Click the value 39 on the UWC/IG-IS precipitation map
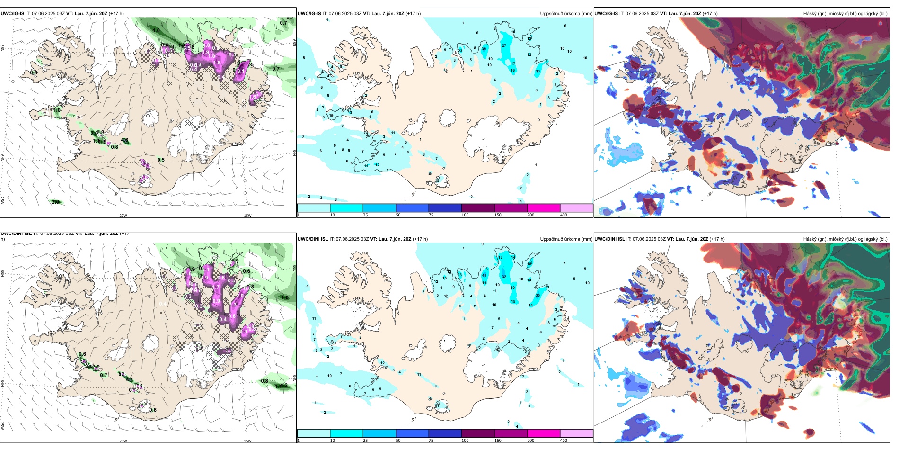tap(484, 49)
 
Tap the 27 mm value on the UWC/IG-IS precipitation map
tap(504, 46)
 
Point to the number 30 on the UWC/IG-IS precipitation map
tap(538, 72)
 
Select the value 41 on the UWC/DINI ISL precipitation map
tap(484, 275)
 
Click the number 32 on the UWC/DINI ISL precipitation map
tap(504, 277)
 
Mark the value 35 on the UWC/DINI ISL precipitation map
tap(538, 295)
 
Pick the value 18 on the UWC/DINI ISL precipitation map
tap(529, 264)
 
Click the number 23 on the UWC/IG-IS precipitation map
tap(460, 51)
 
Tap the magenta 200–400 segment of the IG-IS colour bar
tap(544, 208)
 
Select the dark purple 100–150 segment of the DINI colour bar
tap(478, 433)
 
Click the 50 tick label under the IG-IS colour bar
tap(398, 215)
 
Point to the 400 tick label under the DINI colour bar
tap(564, 441)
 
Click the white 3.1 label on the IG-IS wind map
tap(240, 72)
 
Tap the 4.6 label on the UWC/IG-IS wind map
tap(125, 140)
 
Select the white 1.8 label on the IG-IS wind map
tap(217, 62)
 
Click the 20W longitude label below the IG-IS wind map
tap(123, 216)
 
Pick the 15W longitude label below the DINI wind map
tap(247, 441)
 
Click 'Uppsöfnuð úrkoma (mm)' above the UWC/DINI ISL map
tap(566, 239)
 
